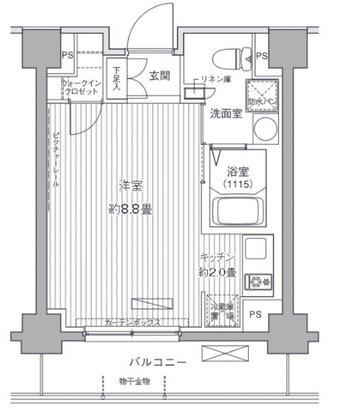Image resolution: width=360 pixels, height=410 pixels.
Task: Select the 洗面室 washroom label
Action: (x=226, y=114)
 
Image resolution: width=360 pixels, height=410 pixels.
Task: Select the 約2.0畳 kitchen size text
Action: (x=218, y=272)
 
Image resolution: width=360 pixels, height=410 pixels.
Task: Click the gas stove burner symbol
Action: (x=261, y=280)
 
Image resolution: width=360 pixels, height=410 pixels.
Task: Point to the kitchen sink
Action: (x=259, y=249)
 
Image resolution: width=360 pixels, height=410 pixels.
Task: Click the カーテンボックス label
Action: (x=134, y=322)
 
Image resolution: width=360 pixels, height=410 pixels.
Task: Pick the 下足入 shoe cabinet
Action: (x=116, y=78)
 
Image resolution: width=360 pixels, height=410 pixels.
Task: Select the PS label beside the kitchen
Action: (x=256, y=315)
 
